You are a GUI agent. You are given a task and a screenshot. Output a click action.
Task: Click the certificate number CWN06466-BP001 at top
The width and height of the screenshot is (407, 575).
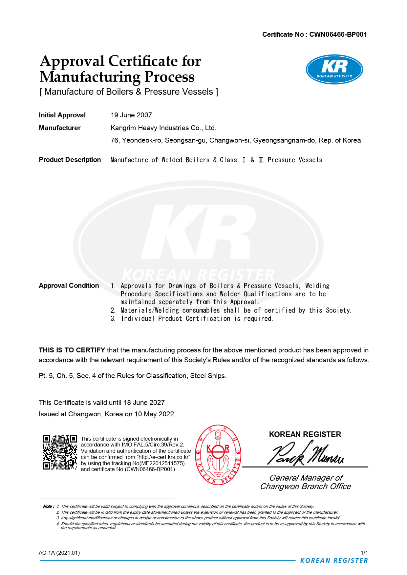[338, 34]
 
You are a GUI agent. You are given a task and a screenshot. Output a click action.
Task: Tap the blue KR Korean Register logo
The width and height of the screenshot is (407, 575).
[334, 69]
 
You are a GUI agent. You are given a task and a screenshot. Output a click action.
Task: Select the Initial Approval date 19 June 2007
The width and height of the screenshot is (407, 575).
[131, 115]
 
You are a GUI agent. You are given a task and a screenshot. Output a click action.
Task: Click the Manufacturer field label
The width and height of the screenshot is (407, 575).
[60, 128]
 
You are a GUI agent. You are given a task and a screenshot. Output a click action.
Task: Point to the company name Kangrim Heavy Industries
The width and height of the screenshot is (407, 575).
[163, 128]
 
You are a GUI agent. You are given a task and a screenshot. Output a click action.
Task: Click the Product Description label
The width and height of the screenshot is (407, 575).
[70, 160]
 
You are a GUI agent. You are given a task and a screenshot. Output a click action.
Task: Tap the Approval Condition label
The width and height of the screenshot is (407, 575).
[69, 286]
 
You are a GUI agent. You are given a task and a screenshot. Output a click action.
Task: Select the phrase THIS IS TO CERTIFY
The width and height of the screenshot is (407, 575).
[72, 350]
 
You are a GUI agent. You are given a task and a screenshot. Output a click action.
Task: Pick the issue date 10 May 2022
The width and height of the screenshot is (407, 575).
[154, 414]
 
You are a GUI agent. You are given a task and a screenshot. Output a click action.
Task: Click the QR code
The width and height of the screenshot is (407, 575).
[60, 452]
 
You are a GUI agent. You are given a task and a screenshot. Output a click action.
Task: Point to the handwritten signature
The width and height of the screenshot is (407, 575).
[306, 453]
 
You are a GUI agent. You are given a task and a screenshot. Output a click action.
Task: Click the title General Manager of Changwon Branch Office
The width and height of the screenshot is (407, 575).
[306, 482]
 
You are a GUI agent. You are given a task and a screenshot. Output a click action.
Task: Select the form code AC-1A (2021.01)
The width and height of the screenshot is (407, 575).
[59, 553]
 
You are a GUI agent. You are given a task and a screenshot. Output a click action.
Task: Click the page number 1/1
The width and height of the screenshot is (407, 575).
[364, 553]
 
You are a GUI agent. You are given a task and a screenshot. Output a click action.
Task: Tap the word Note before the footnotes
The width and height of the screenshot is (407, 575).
[48, 506]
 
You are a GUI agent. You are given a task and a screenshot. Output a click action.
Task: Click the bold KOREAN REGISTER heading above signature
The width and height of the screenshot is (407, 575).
[305, 434]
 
